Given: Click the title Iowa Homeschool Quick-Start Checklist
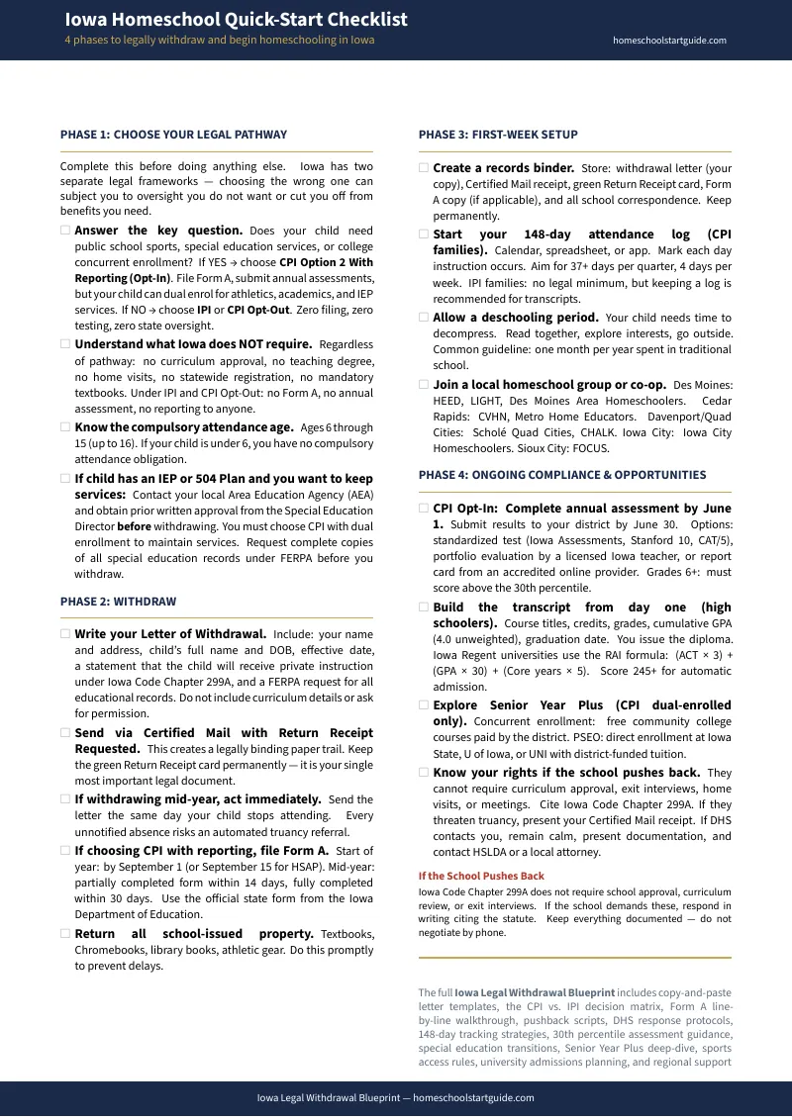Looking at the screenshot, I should [236, 20].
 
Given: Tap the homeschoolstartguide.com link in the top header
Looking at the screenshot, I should [669, 41].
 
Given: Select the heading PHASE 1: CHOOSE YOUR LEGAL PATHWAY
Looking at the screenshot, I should [173, 135].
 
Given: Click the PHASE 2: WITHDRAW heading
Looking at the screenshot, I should [118, 602].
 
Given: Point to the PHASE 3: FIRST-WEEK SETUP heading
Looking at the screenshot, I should [498, 135].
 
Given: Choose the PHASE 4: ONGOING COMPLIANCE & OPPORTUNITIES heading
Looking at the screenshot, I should [562, 475].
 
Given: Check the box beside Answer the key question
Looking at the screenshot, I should [65, 231].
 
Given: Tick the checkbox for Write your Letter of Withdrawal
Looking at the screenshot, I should [65, 634].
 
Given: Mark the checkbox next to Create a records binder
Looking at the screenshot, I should [424, 168].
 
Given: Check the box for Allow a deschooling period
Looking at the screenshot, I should [424, 318].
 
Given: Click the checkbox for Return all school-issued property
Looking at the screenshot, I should [65, 934].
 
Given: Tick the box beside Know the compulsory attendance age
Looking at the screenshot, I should [65, 427].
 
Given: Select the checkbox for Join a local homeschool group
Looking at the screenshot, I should [424, 384].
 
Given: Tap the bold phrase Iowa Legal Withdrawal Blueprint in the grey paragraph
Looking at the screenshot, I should [535, 991].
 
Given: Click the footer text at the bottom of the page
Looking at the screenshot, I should [395, 1097].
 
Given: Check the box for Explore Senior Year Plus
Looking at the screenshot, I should [424, 705].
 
